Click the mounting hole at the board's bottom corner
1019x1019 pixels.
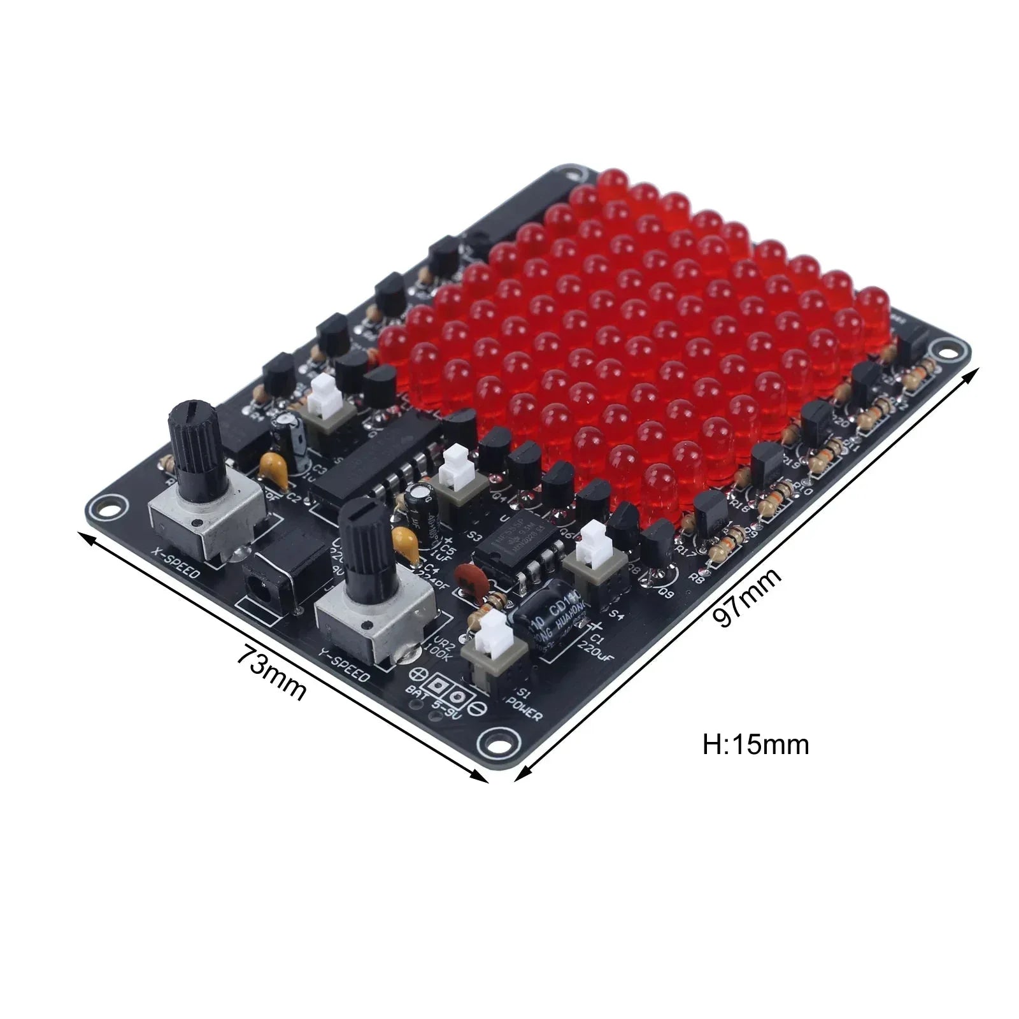click(495, 740)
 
